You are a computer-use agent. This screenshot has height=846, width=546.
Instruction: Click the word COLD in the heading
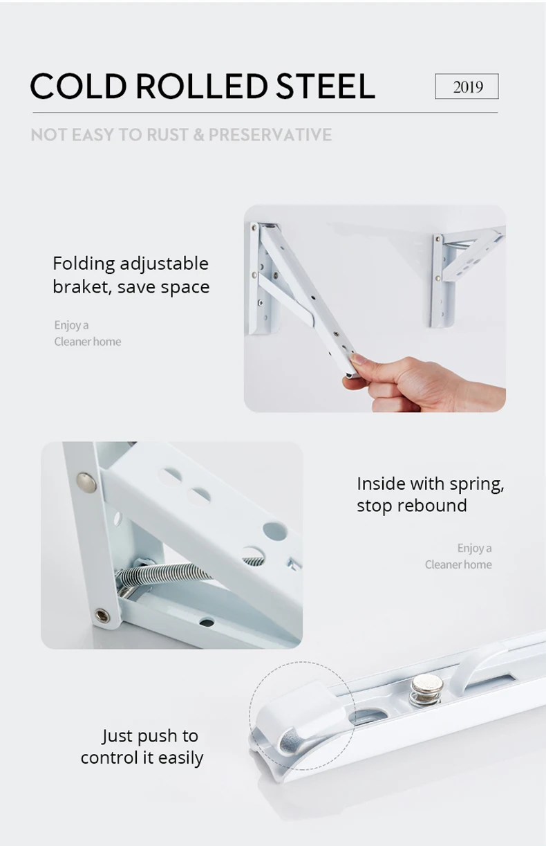(x=78, y=86)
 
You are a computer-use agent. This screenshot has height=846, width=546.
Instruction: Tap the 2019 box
(x=467, y=86)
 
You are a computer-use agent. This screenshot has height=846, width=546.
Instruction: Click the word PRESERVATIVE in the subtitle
(x=270, y=134)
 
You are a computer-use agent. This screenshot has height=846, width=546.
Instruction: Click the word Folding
(x=83, y=264)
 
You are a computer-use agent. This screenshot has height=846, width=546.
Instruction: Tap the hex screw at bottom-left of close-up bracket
(x=103, y=614)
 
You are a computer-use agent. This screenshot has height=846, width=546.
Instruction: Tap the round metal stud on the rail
(x=426, y=689)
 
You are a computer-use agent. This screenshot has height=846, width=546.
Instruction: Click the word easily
(x=180, y=758)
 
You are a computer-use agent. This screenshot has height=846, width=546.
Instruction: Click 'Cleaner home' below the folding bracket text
(x=88, y=342)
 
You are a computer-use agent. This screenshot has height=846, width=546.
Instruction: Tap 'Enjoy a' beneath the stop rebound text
(x=474, y=548)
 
